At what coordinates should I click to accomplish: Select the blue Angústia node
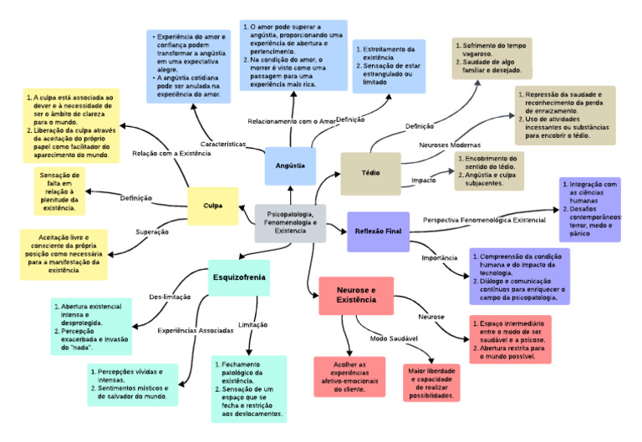(x=290, y=165)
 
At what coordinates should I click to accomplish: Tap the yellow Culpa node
(x=211, y=206)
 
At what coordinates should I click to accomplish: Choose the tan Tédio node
(x=370, y=174)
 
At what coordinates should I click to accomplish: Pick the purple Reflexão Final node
(x=378, y=231)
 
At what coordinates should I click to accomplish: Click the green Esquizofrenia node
(x=239, y=276)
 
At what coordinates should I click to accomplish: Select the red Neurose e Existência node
(x=356, y=295)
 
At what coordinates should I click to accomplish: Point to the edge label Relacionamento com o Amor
(x=292, y=121)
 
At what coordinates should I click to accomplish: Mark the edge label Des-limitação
(x=171, y=297)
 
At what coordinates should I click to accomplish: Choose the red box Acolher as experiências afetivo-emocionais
(x=349, y=377)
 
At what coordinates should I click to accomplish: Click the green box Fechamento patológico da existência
(x=249, y=389)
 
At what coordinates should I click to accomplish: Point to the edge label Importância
(x=439, y=257)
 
